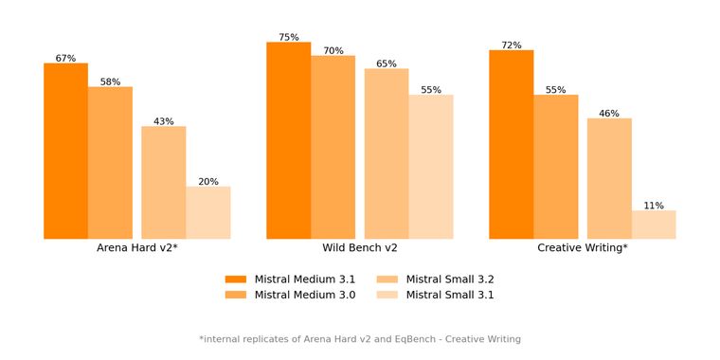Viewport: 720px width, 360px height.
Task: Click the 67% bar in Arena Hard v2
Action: pos(65,152)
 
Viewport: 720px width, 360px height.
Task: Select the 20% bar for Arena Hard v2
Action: pos(208,213)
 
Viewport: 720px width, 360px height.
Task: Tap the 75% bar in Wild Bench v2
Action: pos(288,141)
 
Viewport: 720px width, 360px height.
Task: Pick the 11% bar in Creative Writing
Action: pos(654,225)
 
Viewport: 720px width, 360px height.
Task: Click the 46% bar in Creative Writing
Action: pos(609,179)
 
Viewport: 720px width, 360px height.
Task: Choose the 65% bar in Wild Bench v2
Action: pos(387,154)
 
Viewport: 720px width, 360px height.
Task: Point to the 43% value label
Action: pos(164,121)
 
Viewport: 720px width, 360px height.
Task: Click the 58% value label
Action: pos(110,82)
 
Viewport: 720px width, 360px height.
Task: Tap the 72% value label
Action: pos(511,45)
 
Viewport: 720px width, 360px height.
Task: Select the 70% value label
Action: pos(333,51)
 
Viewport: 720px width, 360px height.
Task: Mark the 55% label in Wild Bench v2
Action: pos(431,90)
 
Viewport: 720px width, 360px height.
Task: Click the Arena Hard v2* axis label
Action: pos(137,248)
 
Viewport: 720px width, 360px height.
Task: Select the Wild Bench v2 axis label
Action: pos(360,248)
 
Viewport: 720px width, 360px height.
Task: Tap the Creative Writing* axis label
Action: pos(583,248)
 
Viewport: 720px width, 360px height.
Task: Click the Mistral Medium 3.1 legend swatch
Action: pos(235,279)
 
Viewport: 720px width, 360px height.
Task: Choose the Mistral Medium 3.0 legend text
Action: pos(305,295)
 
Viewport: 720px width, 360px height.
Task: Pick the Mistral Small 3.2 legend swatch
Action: pos(387,279)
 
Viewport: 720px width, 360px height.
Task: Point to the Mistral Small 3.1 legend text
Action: pos(450,295)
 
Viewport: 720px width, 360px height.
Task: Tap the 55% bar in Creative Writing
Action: pos(555,167)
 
